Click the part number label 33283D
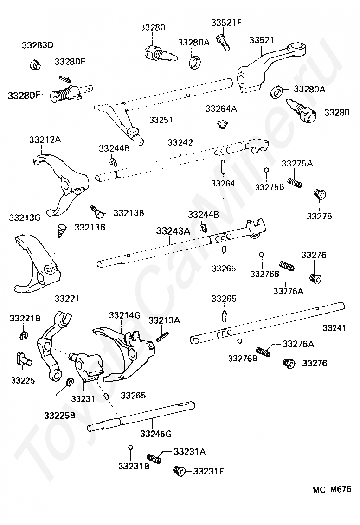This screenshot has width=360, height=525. (38, 45)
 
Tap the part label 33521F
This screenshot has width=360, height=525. (226, 23)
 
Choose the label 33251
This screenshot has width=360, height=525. (161, 119)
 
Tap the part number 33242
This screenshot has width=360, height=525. (180, 142)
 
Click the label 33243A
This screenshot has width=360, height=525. (173, 230)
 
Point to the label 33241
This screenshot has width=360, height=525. (334, 328)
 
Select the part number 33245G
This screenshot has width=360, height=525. (156, 434)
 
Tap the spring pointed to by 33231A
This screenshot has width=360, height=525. (154, 458)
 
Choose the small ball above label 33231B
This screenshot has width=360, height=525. (130, 447)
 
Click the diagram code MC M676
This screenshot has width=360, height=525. (332, 489)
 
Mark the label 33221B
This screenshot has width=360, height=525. (25, 318)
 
